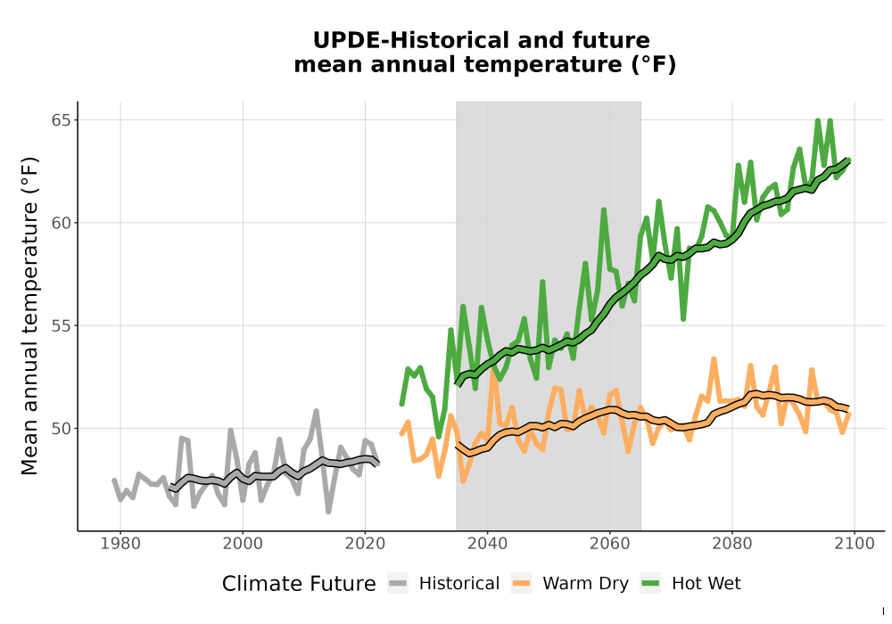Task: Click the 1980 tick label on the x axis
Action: (120, 544)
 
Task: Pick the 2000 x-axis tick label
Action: (243, 544)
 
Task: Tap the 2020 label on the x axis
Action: (365, 544)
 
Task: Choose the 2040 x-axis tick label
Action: (488, 544)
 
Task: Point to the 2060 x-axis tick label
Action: (610, 544)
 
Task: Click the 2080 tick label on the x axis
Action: (732, 544)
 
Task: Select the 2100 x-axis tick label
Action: (855, 544)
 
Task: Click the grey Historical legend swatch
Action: (398, 583)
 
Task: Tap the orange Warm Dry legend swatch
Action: (521, 583)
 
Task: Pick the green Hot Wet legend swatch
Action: (650, 583)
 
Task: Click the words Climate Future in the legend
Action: (299, 584)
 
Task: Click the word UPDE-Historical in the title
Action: (408, 40)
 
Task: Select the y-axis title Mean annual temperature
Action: (29, 316)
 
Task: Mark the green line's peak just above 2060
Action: (604, 209)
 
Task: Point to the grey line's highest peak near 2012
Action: (317, 410)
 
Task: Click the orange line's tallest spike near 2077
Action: (714, 359)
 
